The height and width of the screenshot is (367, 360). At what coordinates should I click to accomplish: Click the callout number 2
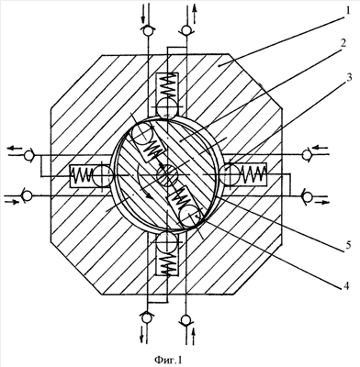pos(343,43)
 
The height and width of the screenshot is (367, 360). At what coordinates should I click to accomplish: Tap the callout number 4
pos(345,286)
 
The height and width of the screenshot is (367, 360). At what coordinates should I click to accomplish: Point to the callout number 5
pos(346,246)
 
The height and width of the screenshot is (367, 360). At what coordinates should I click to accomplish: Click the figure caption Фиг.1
pos(168,360)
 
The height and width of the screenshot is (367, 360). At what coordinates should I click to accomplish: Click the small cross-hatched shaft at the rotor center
pos(167,175)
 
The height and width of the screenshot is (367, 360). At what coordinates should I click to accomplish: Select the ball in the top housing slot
pos(167,107)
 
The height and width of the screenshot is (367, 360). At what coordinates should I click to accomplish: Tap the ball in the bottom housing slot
pos(167,243)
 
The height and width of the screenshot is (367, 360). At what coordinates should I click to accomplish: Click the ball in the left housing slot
pos(102,175)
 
